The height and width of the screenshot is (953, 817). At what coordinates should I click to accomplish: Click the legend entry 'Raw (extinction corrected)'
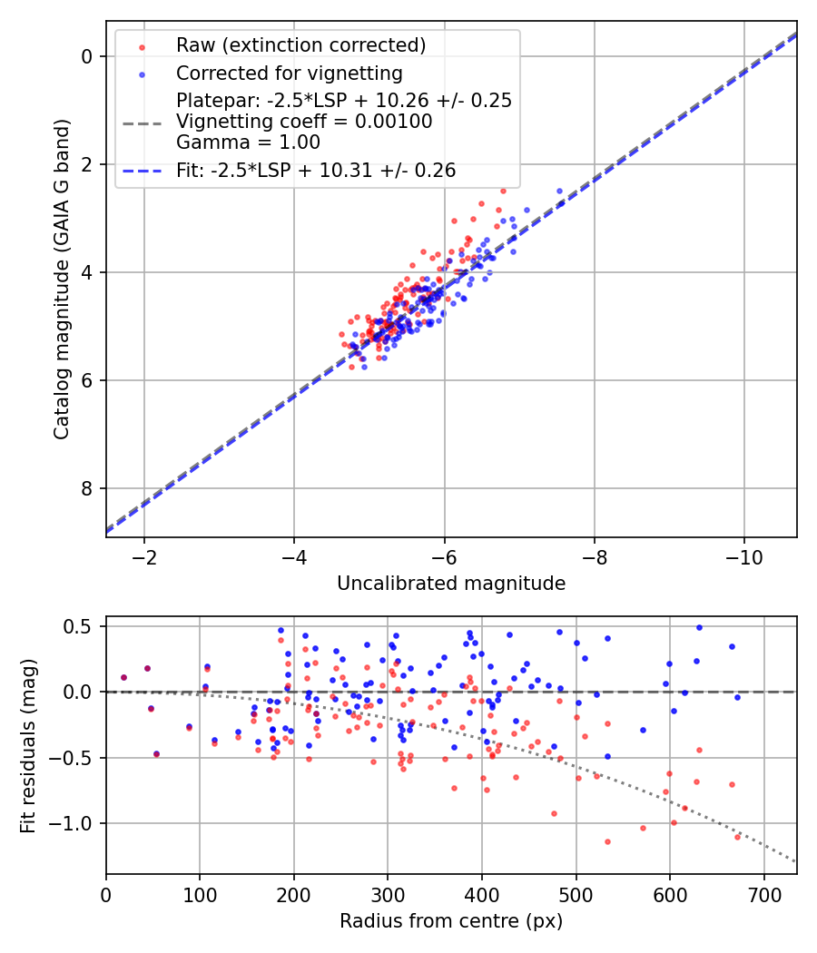coord(300,45)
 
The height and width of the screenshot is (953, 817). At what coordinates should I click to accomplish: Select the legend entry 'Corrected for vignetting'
coord(289,73)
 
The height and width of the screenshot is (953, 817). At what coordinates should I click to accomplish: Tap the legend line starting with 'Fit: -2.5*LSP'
coord(316,170)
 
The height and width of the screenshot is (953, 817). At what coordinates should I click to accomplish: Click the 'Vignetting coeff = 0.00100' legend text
coord(304,122)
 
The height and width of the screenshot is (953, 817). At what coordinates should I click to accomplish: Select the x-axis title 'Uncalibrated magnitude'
coord(451,584)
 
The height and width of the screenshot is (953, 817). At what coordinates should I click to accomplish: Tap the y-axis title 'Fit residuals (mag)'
coord(28,745)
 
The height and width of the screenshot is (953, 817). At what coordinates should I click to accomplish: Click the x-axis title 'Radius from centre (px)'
coord(451,921)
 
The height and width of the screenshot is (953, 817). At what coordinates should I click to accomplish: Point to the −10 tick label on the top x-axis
coord(743,555)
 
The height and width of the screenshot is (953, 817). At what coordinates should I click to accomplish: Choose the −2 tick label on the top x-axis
coord(143,555)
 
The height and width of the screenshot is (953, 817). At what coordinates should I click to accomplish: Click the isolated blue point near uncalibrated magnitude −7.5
coord(559,192)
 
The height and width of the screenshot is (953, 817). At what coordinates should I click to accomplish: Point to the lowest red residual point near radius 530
coord(607,841)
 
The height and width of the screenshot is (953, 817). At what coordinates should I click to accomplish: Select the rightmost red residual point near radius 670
coord(737,836)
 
